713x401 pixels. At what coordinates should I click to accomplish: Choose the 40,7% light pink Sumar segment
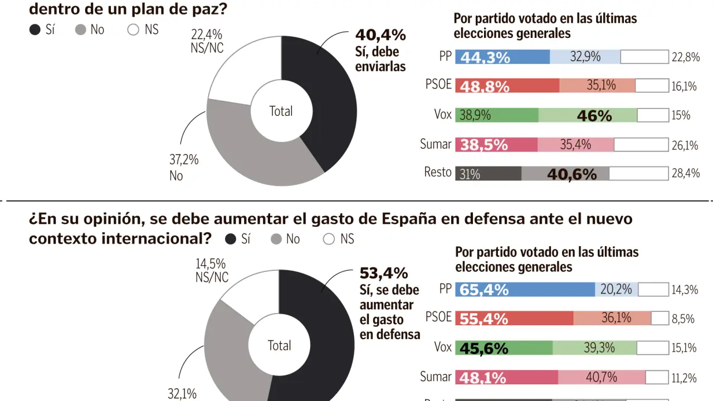(602, 377)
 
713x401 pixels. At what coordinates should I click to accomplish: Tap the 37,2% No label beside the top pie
(184, 168)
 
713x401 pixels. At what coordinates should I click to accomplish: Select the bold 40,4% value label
(381, 36)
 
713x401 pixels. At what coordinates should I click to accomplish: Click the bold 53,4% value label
(384, 273)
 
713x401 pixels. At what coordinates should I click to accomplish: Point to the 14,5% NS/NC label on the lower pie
(212, 270)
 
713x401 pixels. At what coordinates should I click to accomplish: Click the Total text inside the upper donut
(281, 111)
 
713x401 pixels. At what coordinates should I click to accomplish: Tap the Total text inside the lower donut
(279, 345)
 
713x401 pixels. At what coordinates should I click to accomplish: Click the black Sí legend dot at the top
(35, 30)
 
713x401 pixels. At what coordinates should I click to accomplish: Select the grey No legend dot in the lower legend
(276, 239)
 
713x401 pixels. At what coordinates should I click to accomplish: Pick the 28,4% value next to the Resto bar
(686, 173)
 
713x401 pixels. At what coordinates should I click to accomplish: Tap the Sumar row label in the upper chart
(436, 144)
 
